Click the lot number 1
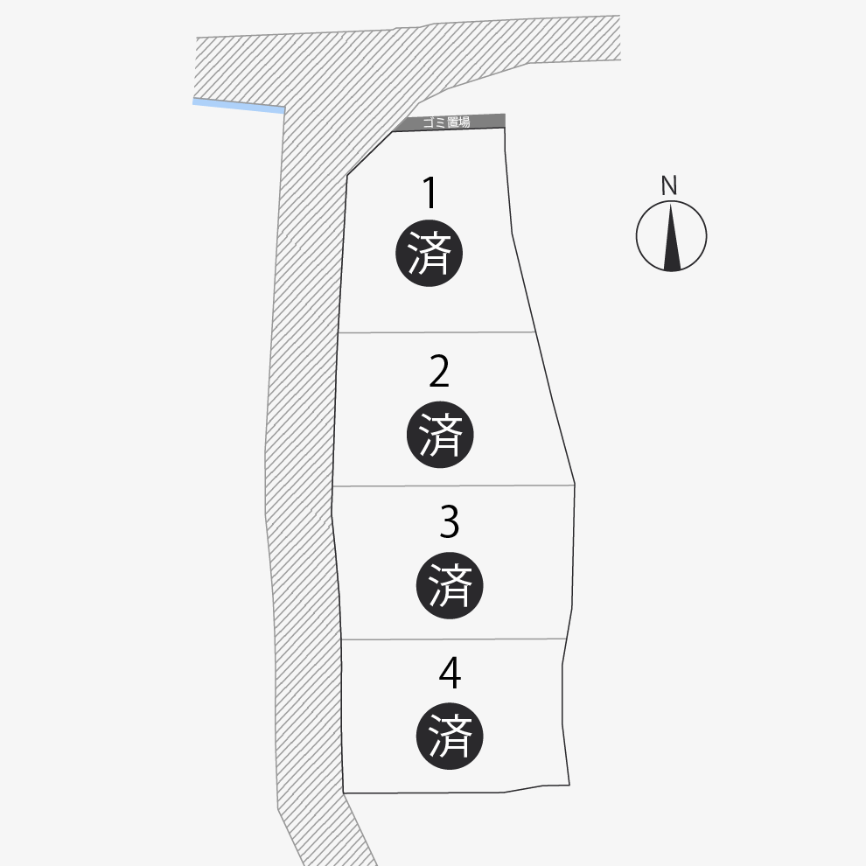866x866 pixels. (430, 193)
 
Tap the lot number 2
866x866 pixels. (439, 372)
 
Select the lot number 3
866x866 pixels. (449, 522)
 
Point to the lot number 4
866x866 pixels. (450, 673)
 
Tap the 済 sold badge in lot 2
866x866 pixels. (440, 435)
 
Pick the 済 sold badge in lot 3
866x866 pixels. (450, 585)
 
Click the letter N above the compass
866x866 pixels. (669, 185)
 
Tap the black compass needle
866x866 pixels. (671, 241)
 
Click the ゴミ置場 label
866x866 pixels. (446, 122)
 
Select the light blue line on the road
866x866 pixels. (239, 106)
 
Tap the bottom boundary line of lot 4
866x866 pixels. (424, 793)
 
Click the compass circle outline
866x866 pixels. (637, 236)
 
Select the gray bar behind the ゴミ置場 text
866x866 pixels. (490, 121)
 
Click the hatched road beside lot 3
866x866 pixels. (302, 560)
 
